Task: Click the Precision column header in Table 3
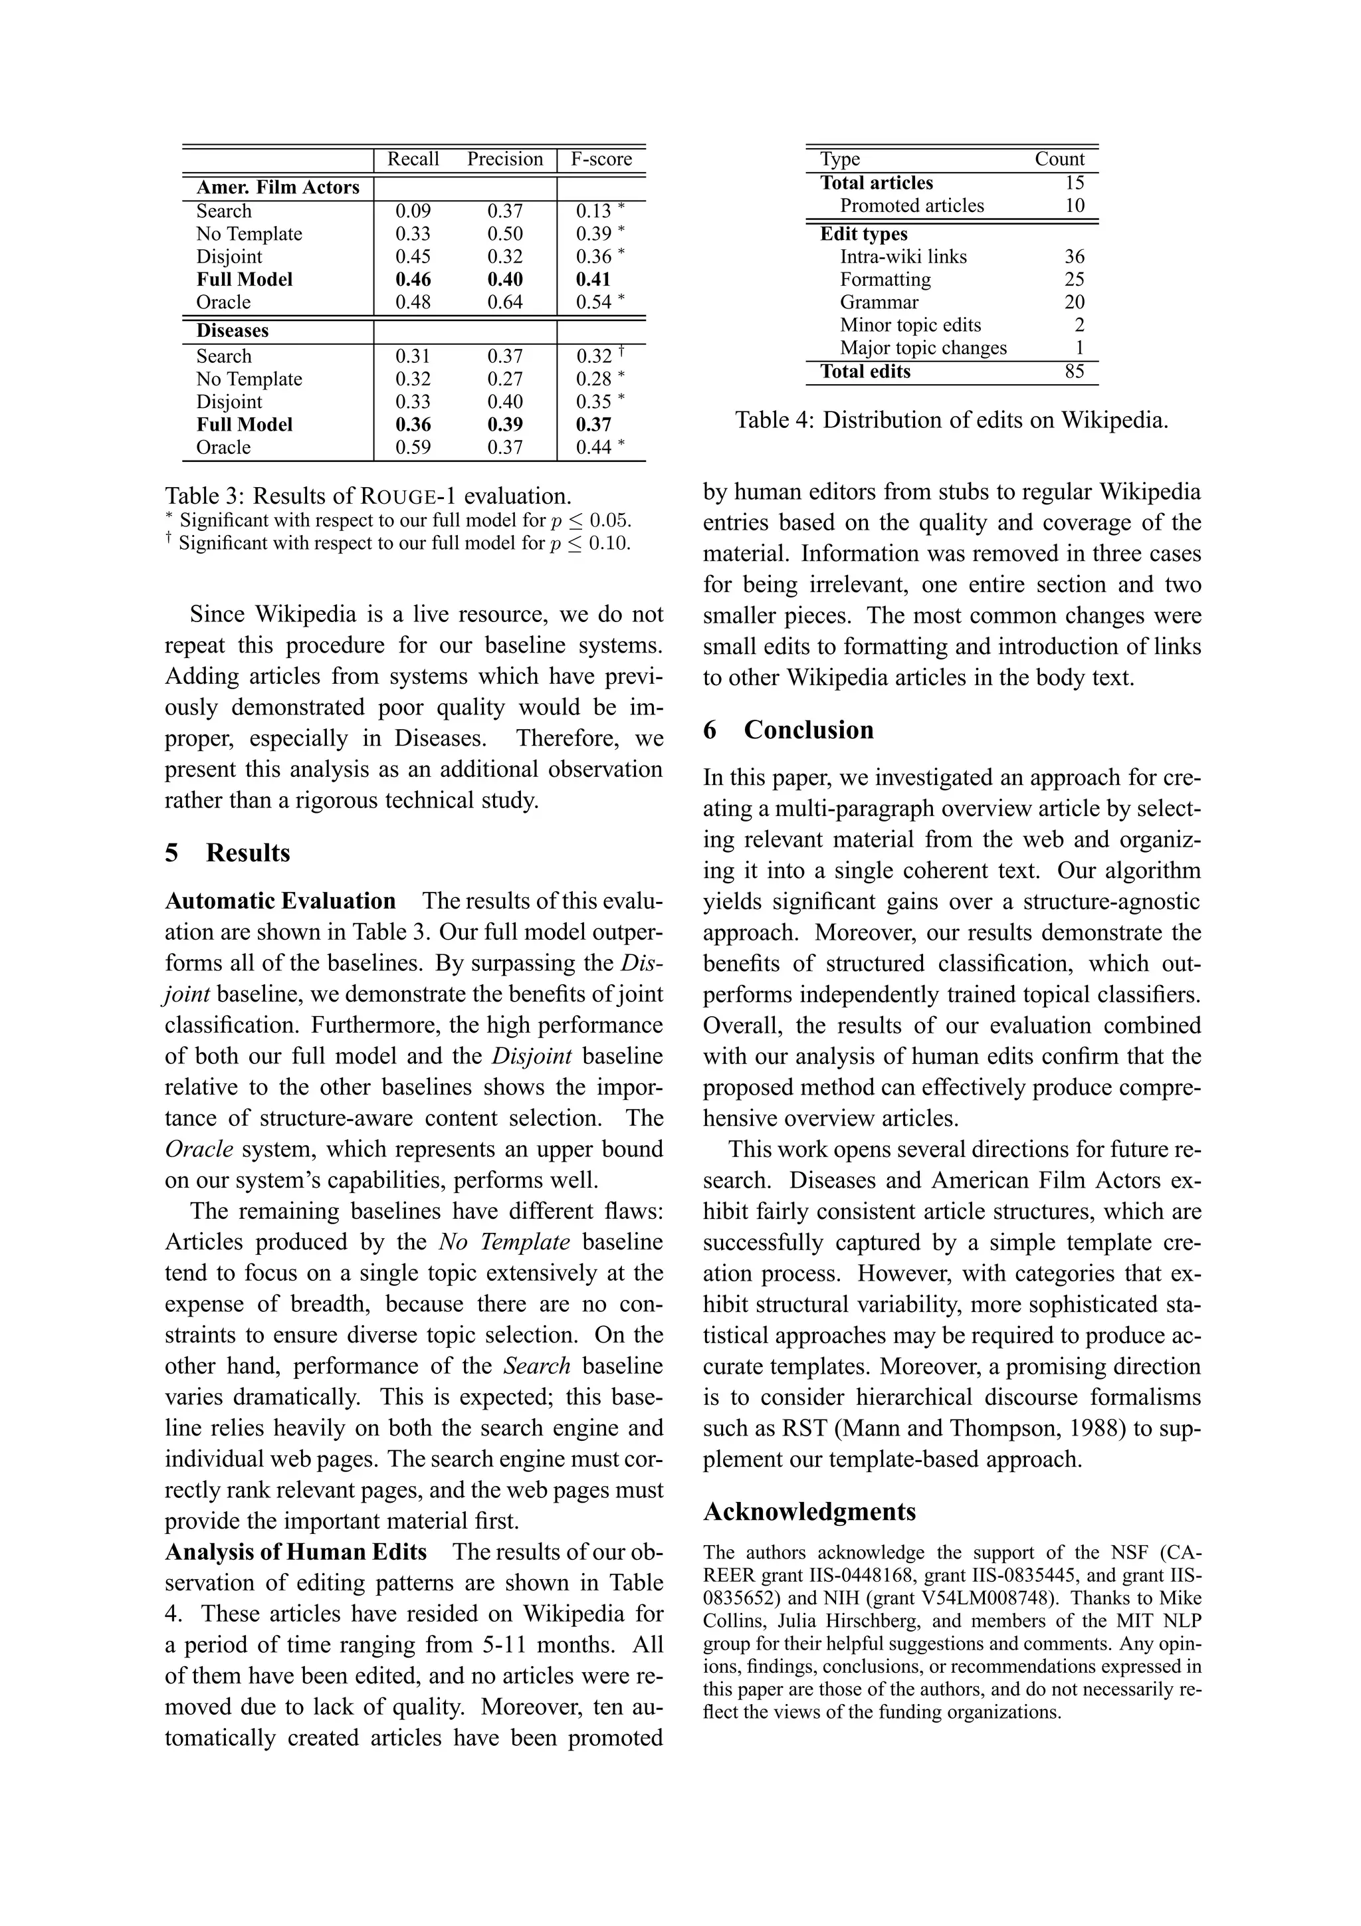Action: tap(505, 160)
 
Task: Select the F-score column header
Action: tap(601, 160)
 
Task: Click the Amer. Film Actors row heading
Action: tap(278, 187)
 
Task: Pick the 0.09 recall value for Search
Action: tap(413, 211)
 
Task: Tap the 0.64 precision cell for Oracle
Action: tap(505, 302)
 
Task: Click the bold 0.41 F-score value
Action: tap(593, 279)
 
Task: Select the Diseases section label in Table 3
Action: tap(233, 330)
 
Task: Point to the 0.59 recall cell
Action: tap(413, 447)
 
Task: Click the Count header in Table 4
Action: tap(1059, 160)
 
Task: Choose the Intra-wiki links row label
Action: tap(903, 257)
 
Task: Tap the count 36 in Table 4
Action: tap(1074, 257)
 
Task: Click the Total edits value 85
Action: tap(1074, 372)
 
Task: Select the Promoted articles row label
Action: tap(912, 205)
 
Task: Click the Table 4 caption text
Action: tap(951, 420)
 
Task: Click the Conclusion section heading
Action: tap(807, 730)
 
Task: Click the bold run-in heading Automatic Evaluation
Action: tap(280, 901)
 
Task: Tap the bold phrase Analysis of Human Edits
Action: tap(295, 1552)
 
